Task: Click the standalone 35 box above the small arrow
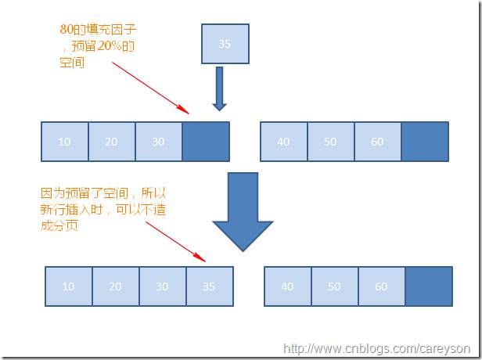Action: click(x=225, y=44)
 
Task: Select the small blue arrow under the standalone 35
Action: click(x=219, y=88)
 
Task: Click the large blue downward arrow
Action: click(x=243, y=212)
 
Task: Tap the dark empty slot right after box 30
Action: click(x=206, y=142)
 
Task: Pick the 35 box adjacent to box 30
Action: click(x=210, y=286)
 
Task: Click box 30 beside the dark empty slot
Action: click(x=159, y=142)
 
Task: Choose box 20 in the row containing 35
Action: click(x=116, y=286)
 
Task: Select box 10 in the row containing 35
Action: click(x=69, y=286)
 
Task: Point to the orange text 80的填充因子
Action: click(x=98, y=30)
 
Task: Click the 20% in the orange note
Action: click(x=110, y=46)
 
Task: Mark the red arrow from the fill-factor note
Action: click(x=150, y=88)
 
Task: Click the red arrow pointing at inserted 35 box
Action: click(x=175, y=242)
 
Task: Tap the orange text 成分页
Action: click(x=59, y=225)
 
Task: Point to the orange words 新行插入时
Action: click(x=72, y=210)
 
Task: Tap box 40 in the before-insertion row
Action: click(x=284, y=142)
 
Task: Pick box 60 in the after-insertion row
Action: click(x=382, y=286)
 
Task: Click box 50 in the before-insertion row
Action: click(x=331, y=142)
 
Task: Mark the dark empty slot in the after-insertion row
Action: click(x=429, y=286)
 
